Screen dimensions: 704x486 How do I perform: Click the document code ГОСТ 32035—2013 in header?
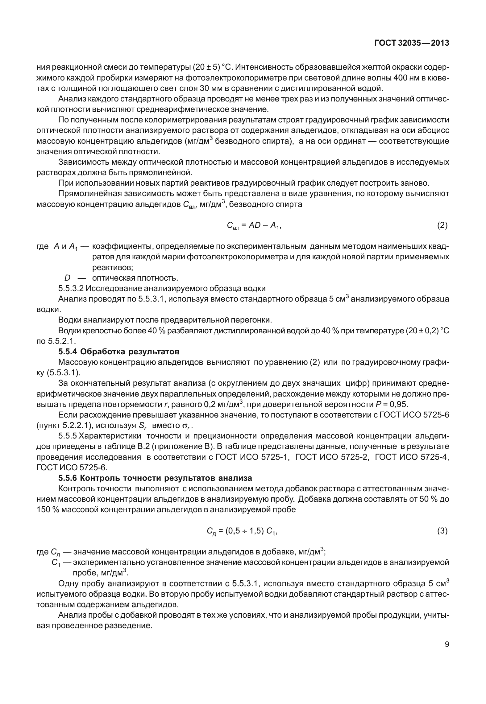tap(411, 43)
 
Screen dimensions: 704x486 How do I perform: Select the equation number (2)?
tap(442, 225)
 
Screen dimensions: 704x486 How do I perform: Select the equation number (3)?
tap(442, 531)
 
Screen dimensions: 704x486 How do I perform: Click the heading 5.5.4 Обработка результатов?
tap(119, 352)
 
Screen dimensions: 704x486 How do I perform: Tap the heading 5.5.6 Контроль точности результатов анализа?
tap(155, 478)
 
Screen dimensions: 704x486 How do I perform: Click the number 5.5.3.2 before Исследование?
tap(71, 289)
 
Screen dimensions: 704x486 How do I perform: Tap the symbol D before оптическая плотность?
tap(67, 278)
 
